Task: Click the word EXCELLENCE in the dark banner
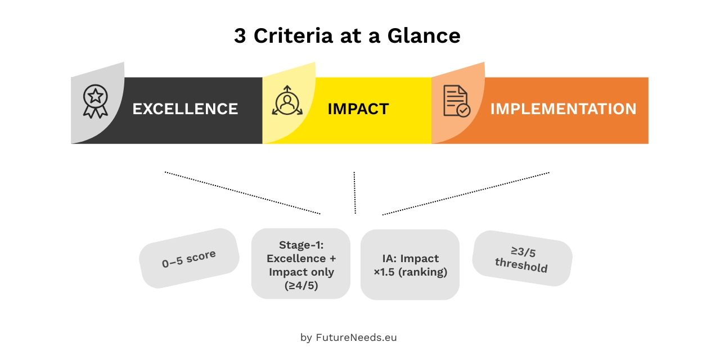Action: tap(185, 109)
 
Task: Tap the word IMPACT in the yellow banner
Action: tap(358, 109)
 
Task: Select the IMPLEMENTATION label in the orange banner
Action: tap(563, 109)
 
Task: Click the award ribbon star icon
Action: tap(95, 101)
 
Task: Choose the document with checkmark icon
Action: tap(456, 101)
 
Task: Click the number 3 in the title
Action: tap(240, 36)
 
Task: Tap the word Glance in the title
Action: tap(424, 36)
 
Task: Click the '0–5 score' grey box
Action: tap(189, 259)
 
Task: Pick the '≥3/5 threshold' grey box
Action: tap(522, 258)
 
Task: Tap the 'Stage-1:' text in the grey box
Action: tap(300, 245)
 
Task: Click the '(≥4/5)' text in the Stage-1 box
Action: tap(300, 285)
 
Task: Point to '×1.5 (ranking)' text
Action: tap(410, 272)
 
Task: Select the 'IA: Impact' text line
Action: tap(410, 258)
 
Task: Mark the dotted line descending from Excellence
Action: tap(242, 192)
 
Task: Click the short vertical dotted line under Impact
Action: tap(354, 192)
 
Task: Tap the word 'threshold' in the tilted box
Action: tap(521, 265)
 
